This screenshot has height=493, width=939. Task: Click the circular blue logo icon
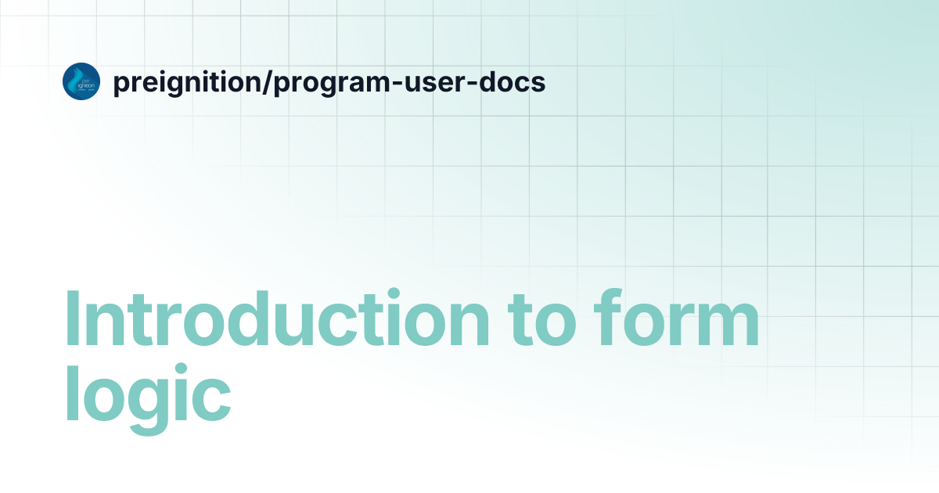pyautogui.click(x=81, y=81)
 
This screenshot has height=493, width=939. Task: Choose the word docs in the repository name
pyautogui.click(x=508, y=82)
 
